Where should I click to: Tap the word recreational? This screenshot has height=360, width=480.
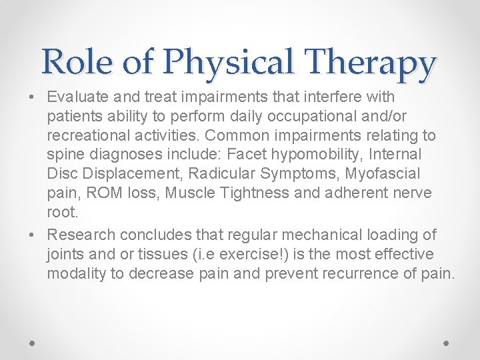pyautogui.click(x=85, y=135)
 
